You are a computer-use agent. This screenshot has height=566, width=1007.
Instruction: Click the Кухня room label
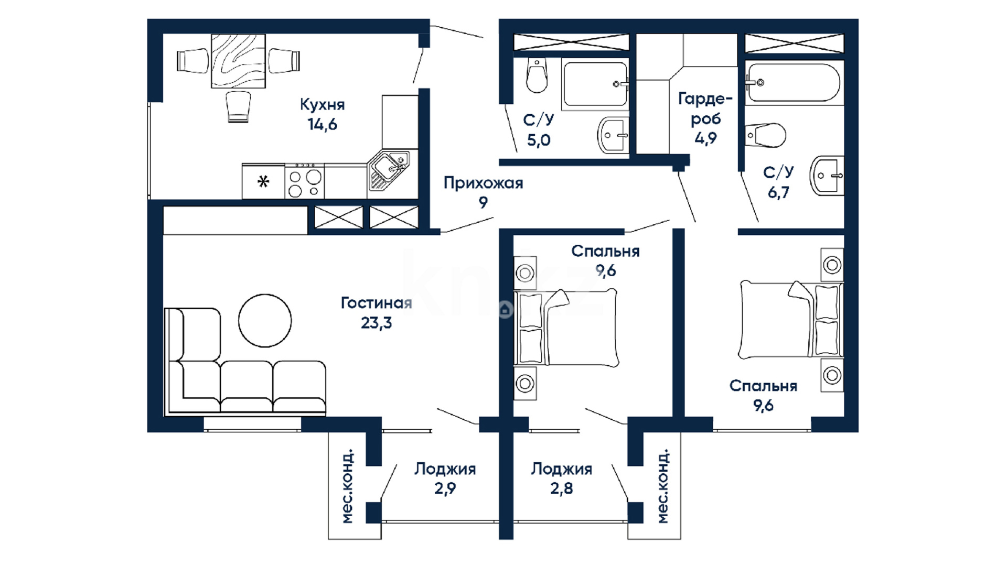coord(322,105)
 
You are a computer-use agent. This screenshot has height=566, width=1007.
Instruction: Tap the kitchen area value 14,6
coord(322,125)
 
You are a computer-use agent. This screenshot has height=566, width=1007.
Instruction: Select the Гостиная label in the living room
coord(376,303)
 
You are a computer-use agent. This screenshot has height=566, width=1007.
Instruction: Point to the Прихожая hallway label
coord(483,183)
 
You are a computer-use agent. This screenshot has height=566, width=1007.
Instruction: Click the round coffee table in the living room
coord(265,320)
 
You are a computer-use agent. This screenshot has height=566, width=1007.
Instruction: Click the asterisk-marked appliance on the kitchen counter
coord(263,182)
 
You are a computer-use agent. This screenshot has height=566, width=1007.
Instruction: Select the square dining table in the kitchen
coord(238,61)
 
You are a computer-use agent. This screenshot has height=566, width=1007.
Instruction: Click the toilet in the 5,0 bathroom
coord(537,75)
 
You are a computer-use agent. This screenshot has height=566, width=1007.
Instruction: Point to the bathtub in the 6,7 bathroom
coord(792,82)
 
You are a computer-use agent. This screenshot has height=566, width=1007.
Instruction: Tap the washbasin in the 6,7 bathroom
coord(827,176)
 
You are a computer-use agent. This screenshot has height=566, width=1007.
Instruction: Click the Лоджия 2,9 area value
coord(445,489)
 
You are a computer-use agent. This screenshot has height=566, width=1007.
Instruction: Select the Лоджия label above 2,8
coord(561,469)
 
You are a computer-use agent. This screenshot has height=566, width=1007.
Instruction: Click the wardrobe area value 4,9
coord(705,138)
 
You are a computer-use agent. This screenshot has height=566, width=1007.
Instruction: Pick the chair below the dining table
coord(238,106)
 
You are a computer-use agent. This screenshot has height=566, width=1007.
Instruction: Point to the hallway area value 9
coord(483,202)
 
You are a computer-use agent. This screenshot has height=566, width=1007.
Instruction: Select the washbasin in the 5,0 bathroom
coord(613,135)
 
